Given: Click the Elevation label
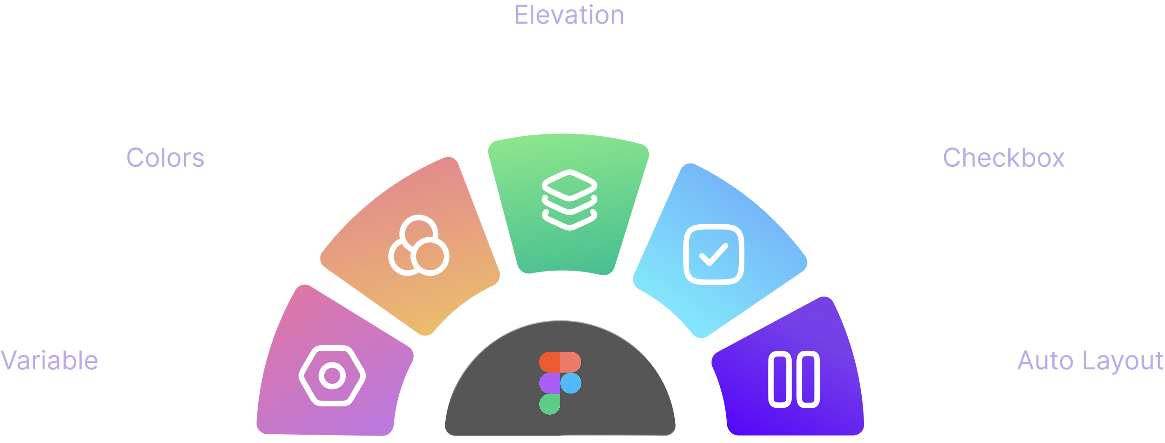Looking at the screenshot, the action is pos(569,15).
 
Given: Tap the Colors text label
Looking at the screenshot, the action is pos(165,158).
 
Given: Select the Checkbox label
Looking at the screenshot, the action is pos(1004,158).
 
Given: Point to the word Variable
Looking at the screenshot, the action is pos(49,360).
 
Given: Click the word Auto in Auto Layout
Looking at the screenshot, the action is pos(1045,361).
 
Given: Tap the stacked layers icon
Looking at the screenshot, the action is pos(570,200).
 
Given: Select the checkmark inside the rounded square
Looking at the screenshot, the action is pos(714,254).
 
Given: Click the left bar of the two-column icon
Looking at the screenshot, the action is pos(780,380).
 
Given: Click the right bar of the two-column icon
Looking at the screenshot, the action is pos(808,380).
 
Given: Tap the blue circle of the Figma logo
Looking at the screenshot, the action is pos(571,383).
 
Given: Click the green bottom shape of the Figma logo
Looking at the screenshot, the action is pos(550,404).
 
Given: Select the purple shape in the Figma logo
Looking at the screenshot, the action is pos(550,383).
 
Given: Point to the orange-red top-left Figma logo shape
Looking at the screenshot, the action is pos(550,362).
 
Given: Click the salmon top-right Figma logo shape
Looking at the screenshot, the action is pos(571,362).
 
